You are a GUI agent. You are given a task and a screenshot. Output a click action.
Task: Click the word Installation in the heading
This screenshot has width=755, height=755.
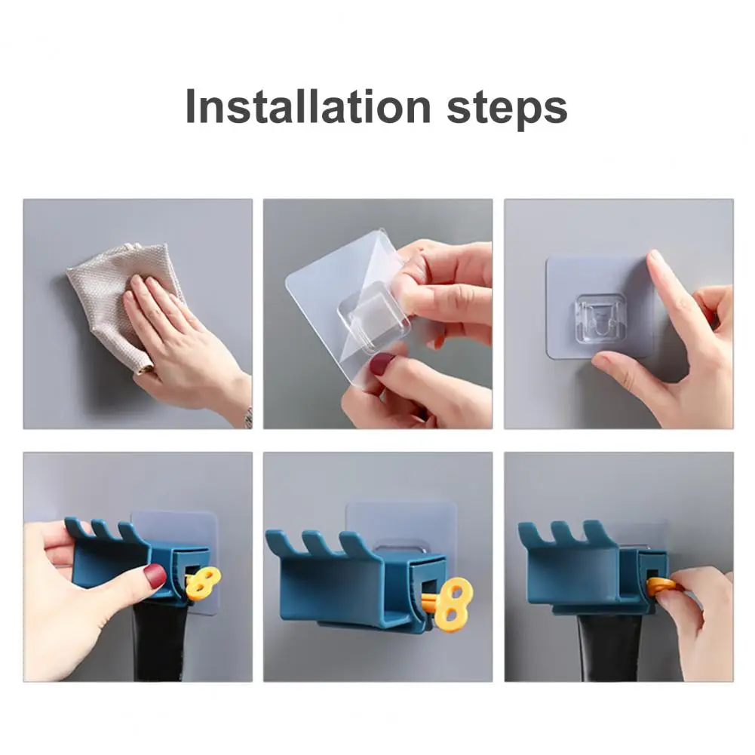(x=308, y=106)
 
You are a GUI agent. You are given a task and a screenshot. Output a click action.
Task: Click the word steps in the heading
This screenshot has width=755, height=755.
(x=508, y=109)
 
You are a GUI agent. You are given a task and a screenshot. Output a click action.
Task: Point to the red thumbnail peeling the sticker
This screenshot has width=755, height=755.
(x=384, y=361)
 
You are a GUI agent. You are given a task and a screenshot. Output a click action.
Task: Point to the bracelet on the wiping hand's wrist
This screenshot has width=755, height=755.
(x=248, y=417)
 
